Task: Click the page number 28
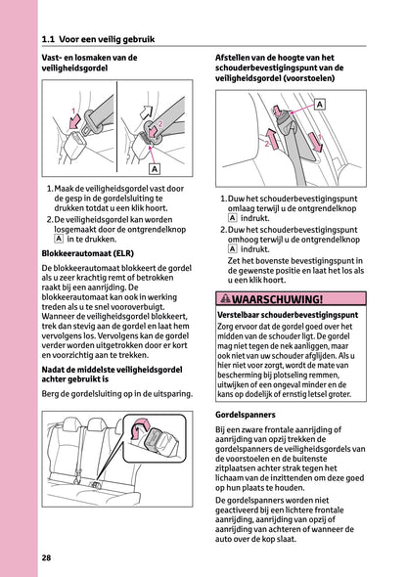point(48,556)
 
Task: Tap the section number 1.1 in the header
point(51,40)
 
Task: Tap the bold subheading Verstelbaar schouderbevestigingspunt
point(287,290)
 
